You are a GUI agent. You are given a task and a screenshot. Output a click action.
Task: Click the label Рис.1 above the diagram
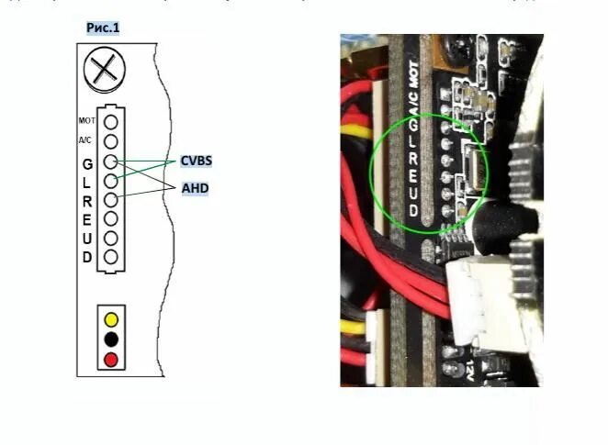point(103,28)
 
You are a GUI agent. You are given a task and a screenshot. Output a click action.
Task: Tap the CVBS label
point(196,161)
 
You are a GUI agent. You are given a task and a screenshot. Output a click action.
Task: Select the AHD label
point(194,186)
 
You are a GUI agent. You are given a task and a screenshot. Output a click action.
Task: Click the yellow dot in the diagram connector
point(111,320)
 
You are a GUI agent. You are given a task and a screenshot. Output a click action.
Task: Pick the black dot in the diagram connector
point(111,339)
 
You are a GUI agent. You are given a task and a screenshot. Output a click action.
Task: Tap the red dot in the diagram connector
point(111,358)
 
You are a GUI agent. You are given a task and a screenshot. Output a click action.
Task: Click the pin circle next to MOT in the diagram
point(111,121)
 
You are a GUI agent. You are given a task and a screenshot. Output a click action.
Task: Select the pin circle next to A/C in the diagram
point(111,141)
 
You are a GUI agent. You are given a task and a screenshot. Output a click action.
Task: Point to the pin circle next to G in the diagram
point(111,161)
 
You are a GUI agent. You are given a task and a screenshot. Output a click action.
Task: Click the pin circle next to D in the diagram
point(111,257)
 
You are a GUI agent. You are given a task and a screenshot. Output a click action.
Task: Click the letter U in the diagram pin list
point(87,239)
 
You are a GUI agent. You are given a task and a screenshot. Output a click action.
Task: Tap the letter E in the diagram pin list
point(87,219)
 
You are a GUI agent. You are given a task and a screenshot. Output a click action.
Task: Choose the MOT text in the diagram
point(87,121)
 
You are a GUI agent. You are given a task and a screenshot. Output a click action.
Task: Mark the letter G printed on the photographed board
point(414,123)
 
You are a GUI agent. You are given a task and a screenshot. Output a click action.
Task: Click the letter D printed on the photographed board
point(414,211)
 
